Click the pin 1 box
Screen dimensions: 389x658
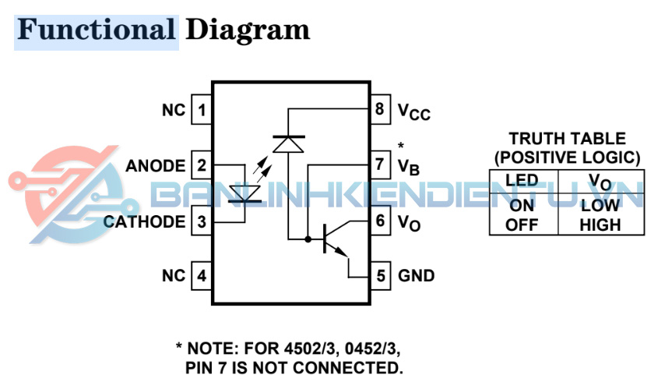(x=202, y=110)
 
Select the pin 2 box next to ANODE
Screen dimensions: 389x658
(x=202, y=165)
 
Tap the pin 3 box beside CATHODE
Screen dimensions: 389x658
(x=202, y=221)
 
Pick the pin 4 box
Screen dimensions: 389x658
(x=202, y=276)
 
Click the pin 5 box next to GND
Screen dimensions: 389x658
(x=380, y=276)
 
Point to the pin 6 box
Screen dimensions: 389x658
(x=380, y=221)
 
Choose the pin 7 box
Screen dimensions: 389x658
(x=380, y=165)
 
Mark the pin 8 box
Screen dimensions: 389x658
(x=380, y=110)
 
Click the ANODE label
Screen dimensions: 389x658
(x=155, y=166)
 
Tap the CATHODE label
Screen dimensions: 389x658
(x=145, y=221)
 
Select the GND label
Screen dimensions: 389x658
(x=417, y=276)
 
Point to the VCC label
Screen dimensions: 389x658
(x=413, y=112)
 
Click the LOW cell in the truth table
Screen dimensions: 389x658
(x=600, y=207)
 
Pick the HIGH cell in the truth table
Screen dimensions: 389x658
(x=600, y=225)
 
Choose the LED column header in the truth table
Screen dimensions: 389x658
(x=522, y=181)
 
